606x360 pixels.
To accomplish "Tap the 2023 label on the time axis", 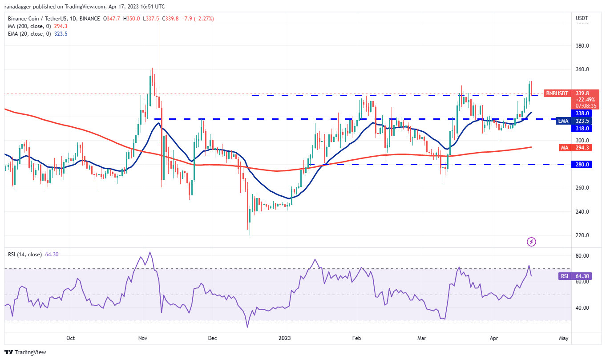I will [x=285, y=338].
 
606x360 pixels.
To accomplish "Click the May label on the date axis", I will [x=564, y=338].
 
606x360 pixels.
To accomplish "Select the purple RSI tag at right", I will [x=564, y=276].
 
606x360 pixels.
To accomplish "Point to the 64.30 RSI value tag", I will [x=582, y=276].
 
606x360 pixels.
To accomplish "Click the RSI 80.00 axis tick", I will [x=582, y=256].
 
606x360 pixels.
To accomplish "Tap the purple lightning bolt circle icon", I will [x=531, y=242].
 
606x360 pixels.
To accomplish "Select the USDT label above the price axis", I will [x=582, y=18].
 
